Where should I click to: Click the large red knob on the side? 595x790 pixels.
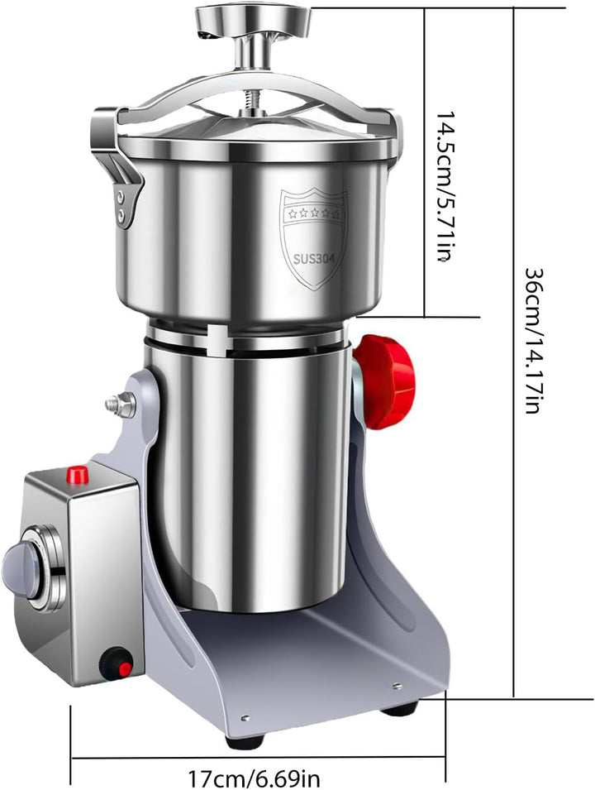pyautogui.click(x=385, y=381)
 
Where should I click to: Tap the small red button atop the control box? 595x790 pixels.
pyautogui.click(x=78, y=475)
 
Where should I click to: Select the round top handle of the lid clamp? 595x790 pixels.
pyautogui.click(x=253, y=21)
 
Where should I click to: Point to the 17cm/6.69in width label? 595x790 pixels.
pyautogui.click(x=255, y=778)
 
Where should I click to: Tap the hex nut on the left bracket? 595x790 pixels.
pyautogui.click(x=121, y=404)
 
